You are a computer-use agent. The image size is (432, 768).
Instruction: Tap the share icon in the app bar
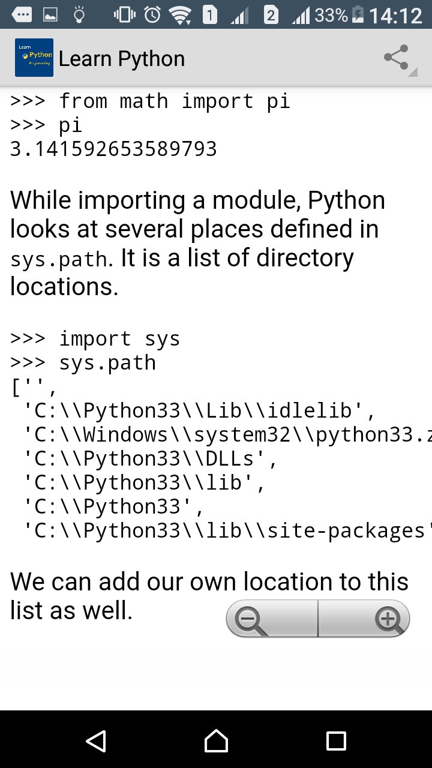coord(396,58)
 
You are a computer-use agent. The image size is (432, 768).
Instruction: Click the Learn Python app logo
coord(34,58)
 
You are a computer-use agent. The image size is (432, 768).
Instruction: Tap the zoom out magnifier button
coord(251,619)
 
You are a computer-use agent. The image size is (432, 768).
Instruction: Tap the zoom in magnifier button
coord(388,619)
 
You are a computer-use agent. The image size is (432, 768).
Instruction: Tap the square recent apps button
coord(336,741)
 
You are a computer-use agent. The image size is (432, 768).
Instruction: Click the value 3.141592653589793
coord(113,149)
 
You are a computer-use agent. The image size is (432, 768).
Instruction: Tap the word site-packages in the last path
coord(376,530)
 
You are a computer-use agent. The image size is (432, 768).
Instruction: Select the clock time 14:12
coord(395,15)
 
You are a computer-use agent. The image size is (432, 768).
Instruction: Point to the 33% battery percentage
coord(331,15)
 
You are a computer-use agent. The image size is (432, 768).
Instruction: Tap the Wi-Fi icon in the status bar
coord(179,14)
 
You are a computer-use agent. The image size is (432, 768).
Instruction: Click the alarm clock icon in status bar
coord(152,14)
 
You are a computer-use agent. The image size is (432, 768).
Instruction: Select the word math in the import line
coord(144,101)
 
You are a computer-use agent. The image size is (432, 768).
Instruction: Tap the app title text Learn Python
coord(122,59)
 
